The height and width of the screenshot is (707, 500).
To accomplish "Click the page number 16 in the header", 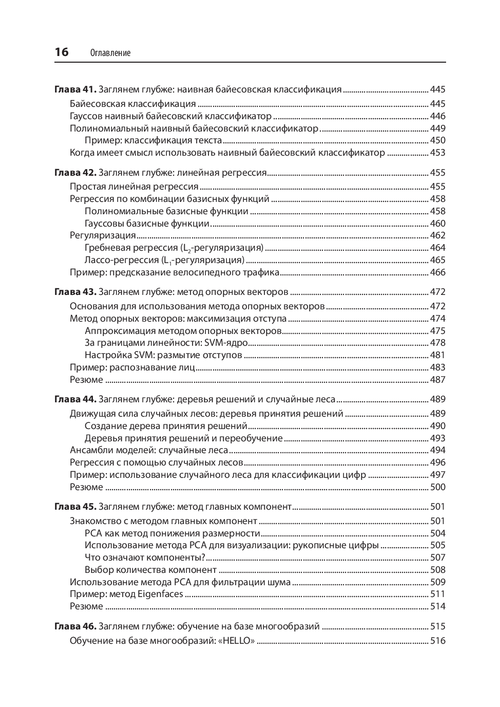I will (61, 52).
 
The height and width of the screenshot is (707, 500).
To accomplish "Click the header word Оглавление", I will (110, 53).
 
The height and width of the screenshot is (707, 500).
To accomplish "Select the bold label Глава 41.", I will (75, 89).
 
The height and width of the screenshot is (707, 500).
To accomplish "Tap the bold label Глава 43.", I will (75, 292).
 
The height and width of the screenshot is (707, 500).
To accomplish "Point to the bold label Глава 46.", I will (75, 626).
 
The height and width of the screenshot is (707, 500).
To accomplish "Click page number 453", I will (437, 153).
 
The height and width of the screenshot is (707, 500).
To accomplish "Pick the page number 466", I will (437, 272).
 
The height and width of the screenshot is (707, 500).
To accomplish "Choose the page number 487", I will (437, 380).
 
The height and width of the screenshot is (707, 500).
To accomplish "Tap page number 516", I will (437, 641).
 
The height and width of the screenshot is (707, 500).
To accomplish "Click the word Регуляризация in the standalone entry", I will (103, 235).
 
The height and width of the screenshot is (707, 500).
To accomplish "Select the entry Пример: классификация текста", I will (153, 140).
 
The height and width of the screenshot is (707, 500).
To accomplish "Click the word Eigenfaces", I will (160, 594).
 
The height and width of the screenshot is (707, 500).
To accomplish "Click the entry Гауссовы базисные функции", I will (147, 224).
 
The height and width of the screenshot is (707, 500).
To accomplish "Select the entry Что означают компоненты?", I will (145, 557).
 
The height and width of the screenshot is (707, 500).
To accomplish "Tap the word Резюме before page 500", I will (86, 487).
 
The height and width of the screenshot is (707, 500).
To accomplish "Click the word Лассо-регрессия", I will (121, 260).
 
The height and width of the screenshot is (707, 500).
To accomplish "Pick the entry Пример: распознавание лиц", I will (132, 367).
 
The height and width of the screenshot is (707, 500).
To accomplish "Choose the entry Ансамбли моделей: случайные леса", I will (149, 450).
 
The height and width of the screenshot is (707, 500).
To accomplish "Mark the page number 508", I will (437, 570).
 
